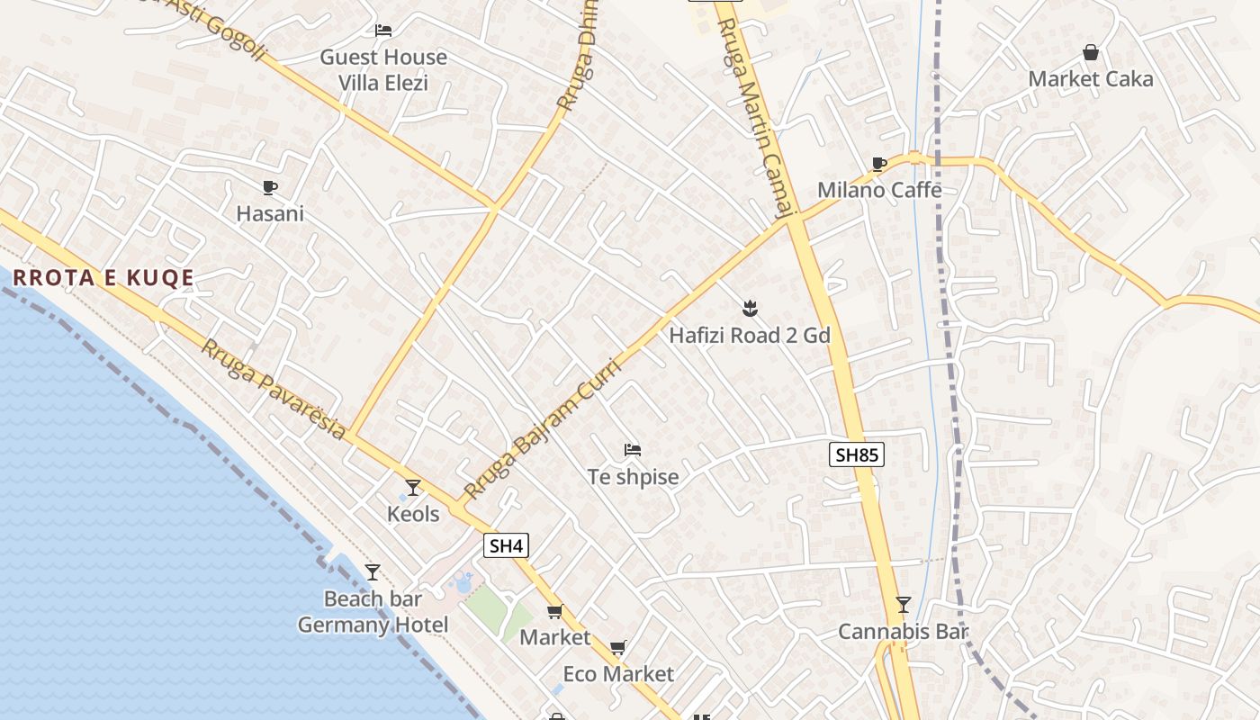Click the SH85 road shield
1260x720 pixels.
click(856, 454)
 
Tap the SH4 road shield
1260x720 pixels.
click(506, 545)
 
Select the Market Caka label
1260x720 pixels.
click(1090, 79)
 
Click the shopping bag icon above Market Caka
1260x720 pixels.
click(1091, 53)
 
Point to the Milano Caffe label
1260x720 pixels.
click(879, 190)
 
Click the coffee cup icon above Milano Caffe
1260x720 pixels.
click(879, 164)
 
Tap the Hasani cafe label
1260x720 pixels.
click(270, 214)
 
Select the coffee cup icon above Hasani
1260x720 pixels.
click(269, 187)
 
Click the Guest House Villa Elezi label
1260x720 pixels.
click(383, 70)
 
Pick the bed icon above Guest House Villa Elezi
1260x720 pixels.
click(383, 31)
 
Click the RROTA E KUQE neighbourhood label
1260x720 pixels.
click(103, 277)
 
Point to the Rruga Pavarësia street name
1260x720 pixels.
click(273, 391)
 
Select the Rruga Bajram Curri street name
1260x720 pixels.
click(543, 429)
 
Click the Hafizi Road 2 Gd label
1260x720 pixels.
click(749, 336)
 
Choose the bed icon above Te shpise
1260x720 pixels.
click(633, 450)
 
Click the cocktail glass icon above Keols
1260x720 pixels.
click(413, 488)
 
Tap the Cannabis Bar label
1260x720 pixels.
click(903, 632)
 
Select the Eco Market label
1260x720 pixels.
click(618, 674)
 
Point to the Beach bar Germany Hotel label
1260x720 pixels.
click(373, 612)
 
